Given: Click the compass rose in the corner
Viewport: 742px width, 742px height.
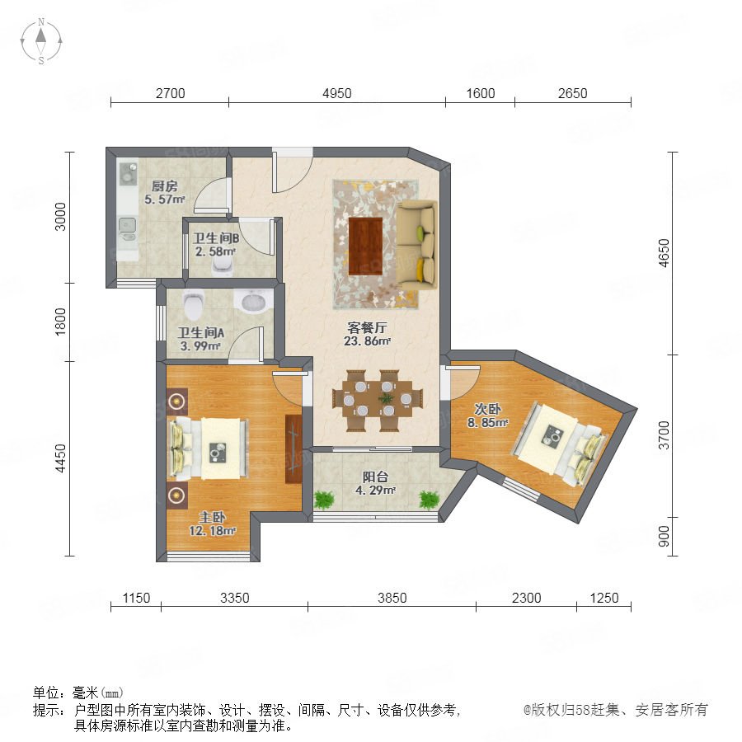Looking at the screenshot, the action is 41,41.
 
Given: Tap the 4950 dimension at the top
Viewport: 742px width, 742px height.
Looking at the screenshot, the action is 337,93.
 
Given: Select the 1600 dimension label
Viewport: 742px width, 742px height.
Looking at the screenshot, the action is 481,93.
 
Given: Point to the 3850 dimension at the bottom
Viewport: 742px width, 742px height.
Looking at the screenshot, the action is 392,598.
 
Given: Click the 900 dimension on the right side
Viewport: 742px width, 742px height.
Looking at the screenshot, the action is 664,536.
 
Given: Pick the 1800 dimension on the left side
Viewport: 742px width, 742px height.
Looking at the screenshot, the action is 60,322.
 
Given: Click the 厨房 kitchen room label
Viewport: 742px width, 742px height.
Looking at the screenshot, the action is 164,186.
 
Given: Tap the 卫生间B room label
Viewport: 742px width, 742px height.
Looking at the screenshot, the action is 215,238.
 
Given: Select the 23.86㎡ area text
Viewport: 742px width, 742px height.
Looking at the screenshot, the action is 367,340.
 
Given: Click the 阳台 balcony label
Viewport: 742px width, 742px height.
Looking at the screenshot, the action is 376,477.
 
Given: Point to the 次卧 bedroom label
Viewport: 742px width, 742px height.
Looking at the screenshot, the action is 488,409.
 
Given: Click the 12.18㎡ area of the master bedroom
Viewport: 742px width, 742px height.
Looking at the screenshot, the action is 213,531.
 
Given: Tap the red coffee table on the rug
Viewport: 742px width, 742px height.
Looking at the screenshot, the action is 365,246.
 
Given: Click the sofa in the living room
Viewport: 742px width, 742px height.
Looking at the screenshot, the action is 416,245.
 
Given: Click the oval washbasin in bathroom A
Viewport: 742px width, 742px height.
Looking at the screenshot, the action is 254,302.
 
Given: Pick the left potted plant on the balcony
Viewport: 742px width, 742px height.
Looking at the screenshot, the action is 324,500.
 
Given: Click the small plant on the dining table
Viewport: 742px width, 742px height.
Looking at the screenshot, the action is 387,399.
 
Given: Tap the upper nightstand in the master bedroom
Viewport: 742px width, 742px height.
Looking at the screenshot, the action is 177,402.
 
